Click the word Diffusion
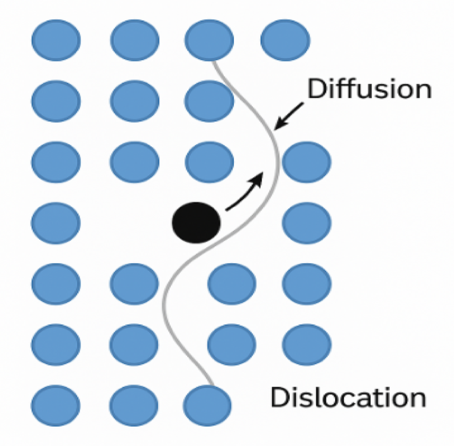[x=369, y=90]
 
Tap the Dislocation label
[x=348, y=397]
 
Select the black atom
[x=196, y=222]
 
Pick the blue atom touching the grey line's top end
[x=209, y=40]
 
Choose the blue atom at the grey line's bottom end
[x=207, y=405]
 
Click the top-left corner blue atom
[x=56, y=40]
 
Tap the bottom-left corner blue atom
[x=56, y=405]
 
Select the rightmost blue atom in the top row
[x=285, y=40]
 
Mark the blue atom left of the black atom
[x=56, y=222]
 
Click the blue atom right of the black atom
[x=306, y=222]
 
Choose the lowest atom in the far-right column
[x=306, y=344]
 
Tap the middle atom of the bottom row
[x=134, y=405]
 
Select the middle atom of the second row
[x=134, y=101]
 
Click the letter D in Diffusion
[x=316, y=90]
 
